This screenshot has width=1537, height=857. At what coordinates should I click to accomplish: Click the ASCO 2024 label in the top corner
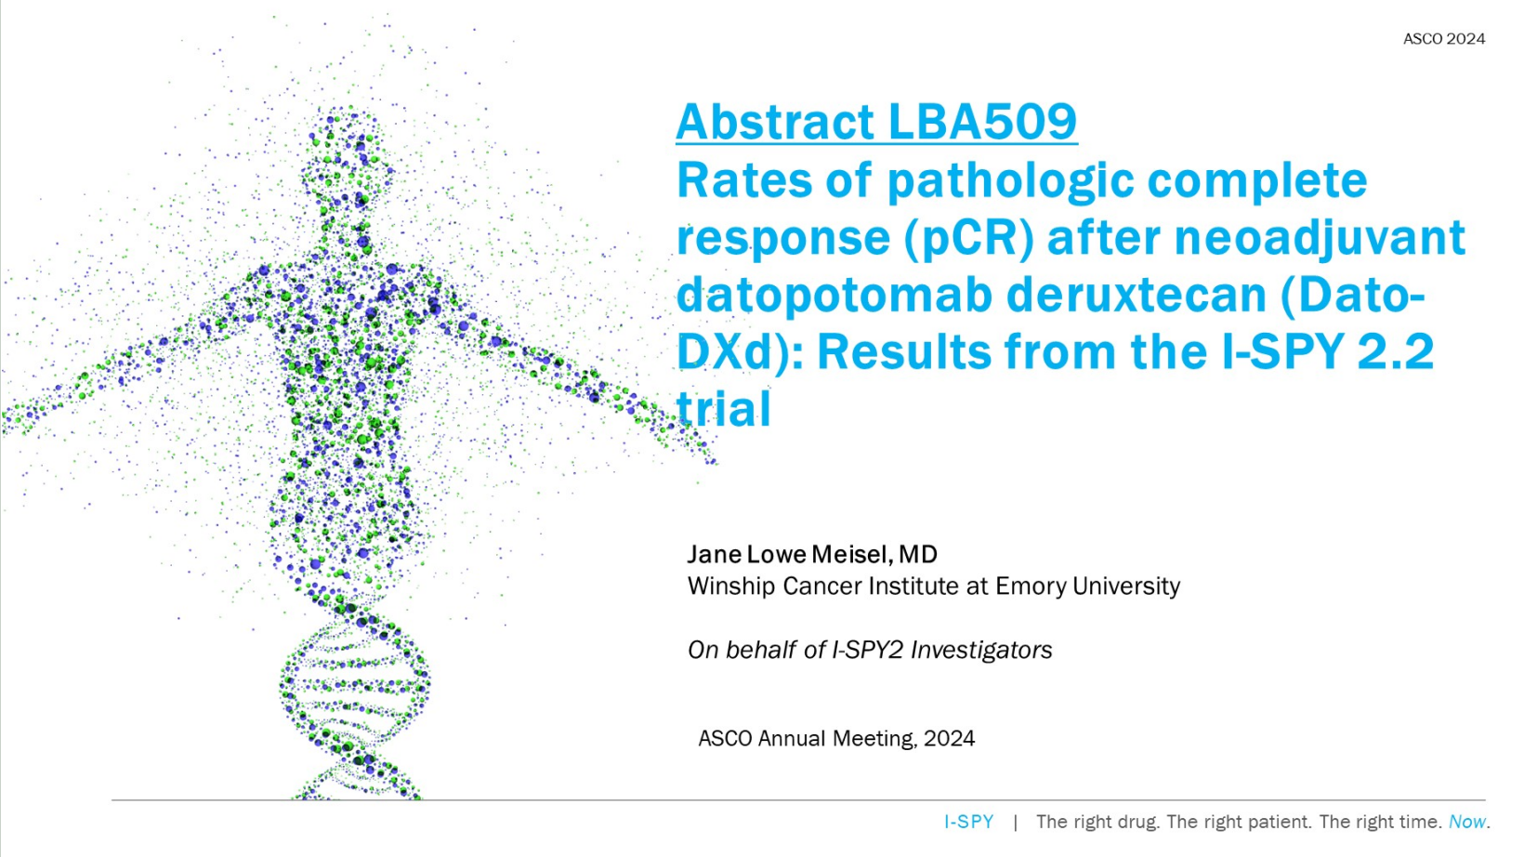click(x=1444, y=39)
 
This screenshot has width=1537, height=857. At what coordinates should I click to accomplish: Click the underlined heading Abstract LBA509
click(x=876, y=122)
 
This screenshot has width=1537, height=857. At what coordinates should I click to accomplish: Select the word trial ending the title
click(x=724, y=409)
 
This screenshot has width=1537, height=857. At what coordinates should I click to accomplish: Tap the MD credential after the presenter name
click(x=918, y=554)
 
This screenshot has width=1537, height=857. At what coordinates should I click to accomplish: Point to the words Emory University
click(x=1087, y=587)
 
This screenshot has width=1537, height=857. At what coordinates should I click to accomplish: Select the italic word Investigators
click(x=981, y=650)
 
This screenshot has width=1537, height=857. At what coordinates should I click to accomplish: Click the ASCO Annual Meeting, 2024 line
click(x=836, y=739)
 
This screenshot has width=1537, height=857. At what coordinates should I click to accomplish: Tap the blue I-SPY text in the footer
click(x=969, y=822)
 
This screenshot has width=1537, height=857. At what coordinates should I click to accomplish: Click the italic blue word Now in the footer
click(x=1467, y=822)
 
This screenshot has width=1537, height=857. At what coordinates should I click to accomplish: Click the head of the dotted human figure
click(x=348, y=151)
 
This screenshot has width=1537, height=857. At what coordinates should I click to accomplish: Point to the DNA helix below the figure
click(x=355, y=700)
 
